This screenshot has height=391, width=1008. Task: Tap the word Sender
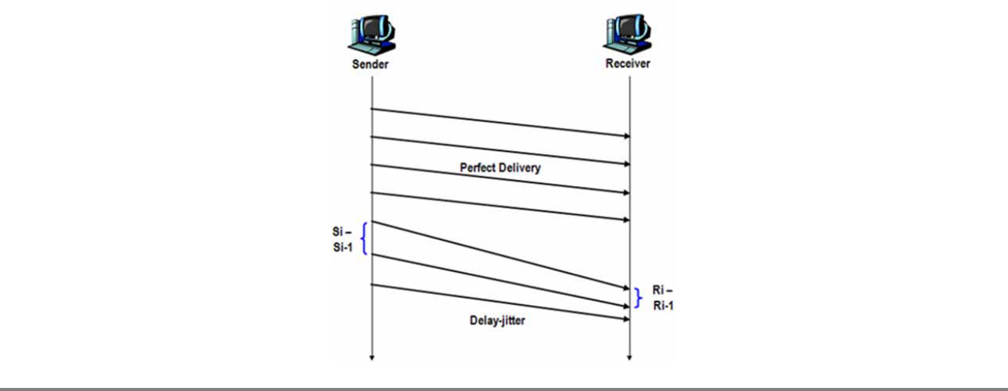[x=371, y=64]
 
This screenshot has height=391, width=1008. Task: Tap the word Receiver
[x=628, y=64]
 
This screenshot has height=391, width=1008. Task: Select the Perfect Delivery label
[x=500, y=168]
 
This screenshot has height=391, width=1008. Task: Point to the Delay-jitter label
[x=498, y=321]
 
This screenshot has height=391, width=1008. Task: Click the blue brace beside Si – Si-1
[x=365, y=239]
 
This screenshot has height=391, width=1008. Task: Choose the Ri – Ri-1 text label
[x=664, y=297]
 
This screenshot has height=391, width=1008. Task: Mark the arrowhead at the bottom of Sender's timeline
[x=372, y=355]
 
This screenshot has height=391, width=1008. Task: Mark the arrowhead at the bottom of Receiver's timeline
[x=630, y=355]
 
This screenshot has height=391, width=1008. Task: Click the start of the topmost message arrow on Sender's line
[x=372, y=109]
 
